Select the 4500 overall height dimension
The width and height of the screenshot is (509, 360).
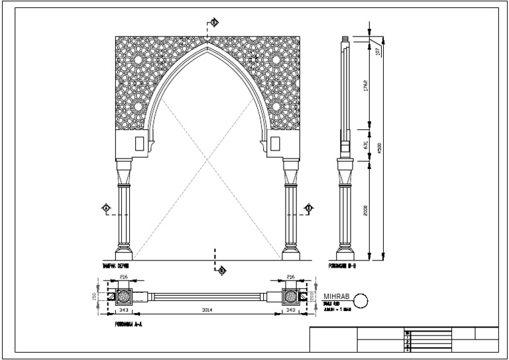pyautogui.click(x=379, y=149)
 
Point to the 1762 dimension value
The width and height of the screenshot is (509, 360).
pyautogui.click(x=365, y=86)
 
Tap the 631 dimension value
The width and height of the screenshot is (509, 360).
pyautogui.click(x=365, y=145)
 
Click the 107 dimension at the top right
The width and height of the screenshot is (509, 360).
pyautogui.click(x=378, y=52)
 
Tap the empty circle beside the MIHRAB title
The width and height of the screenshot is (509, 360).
pyautogui.click(x=361, y=300)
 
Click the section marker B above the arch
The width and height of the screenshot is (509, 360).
pyautogui.click(x=213, y=23)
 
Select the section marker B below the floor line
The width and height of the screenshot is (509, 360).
pyautogui.click(x=222, y=270)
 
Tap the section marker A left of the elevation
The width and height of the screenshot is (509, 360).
pyautogui.click(x=105, y=209)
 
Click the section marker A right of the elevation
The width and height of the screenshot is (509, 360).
pyautogui.click(x=308, y=209)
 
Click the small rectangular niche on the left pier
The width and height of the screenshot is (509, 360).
pyautogui.click(x=139, y=143)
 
